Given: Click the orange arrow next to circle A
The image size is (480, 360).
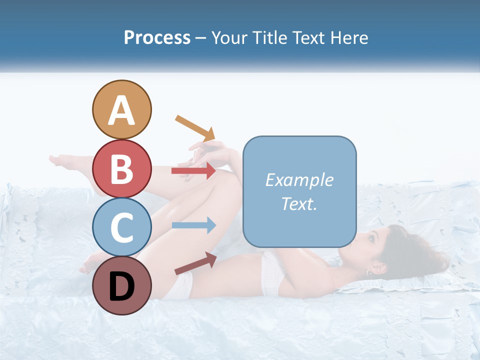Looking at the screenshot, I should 195,127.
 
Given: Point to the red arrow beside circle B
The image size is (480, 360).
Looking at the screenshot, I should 193,171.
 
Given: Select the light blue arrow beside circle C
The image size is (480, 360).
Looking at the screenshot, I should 193,225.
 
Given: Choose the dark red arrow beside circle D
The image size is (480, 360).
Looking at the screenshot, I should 195,263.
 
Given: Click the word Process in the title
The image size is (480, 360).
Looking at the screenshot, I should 157,38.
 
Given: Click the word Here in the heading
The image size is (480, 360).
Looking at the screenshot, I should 348,38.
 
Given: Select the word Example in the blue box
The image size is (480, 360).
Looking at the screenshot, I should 299,180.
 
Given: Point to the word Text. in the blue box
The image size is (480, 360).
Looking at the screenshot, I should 299,203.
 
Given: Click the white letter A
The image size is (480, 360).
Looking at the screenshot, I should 122,111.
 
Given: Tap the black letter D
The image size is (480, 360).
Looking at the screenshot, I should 122,287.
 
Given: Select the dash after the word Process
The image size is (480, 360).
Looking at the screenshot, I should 201,38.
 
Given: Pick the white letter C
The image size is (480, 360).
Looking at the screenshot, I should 122,227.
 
